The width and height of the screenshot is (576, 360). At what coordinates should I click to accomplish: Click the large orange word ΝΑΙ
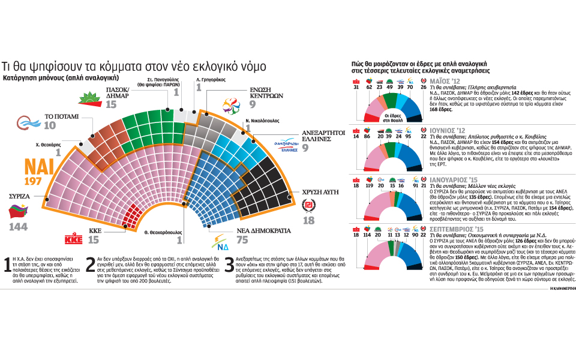[40, 167]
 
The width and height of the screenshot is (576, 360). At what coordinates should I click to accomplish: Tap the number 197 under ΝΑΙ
[34, 181]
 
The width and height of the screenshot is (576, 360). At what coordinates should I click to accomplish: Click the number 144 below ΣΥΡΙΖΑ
[19, 226]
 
